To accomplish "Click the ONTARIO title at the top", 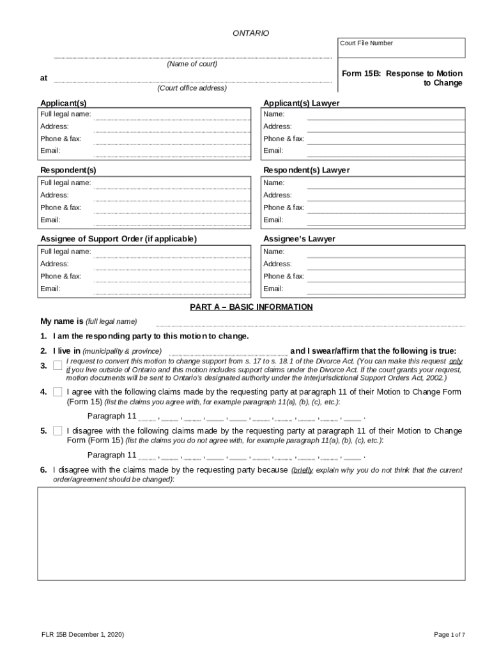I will click(251, 33).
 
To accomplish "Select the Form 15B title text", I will click(402, 78).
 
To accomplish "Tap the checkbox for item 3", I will click(58, 365).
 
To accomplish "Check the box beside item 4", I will click(58, 392).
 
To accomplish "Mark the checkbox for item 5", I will click(58, 430).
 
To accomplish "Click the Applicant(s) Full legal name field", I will click(172, 115).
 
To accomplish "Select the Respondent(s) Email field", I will click(172, 220).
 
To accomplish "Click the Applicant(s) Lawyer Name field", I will click(385, 115).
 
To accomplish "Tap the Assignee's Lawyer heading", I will click(300, 239).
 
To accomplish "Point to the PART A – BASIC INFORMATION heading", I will click(251, 307).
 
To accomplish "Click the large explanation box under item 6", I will click(251, 533).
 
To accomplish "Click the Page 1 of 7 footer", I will click(449, 634).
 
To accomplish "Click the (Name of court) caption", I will click(192, 64).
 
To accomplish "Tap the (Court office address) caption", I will click(192, 88).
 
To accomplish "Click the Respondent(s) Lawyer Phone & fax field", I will click(385, 208).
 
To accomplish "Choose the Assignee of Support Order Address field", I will click(172, 264).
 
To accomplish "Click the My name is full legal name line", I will click(310, 321).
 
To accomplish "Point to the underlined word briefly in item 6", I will click(305, 470).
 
